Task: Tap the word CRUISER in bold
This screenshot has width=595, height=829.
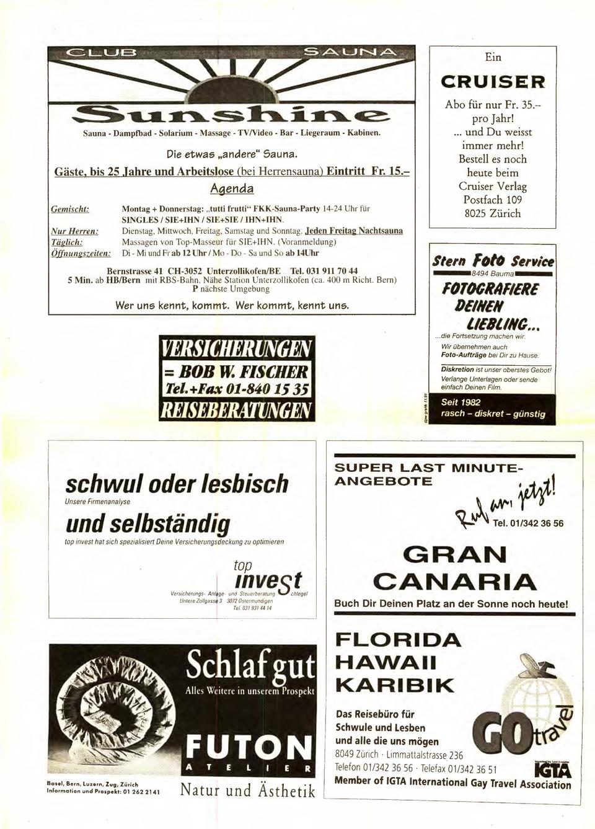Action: click(x=493, y=82)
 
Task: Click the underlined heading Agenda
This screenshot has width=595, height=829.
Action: click(x=232, y=188)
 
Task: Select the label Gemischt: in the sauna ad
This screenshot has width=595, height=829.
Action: click(x=70, y=210)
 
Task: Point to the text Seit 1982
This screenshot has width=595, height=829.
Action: click(x=461, y=402)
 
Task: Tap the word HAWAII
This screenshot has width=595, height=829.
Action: click(x=386, y=662)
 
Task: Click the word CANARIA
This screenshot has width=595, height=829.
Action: click(x=455, y=582)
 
